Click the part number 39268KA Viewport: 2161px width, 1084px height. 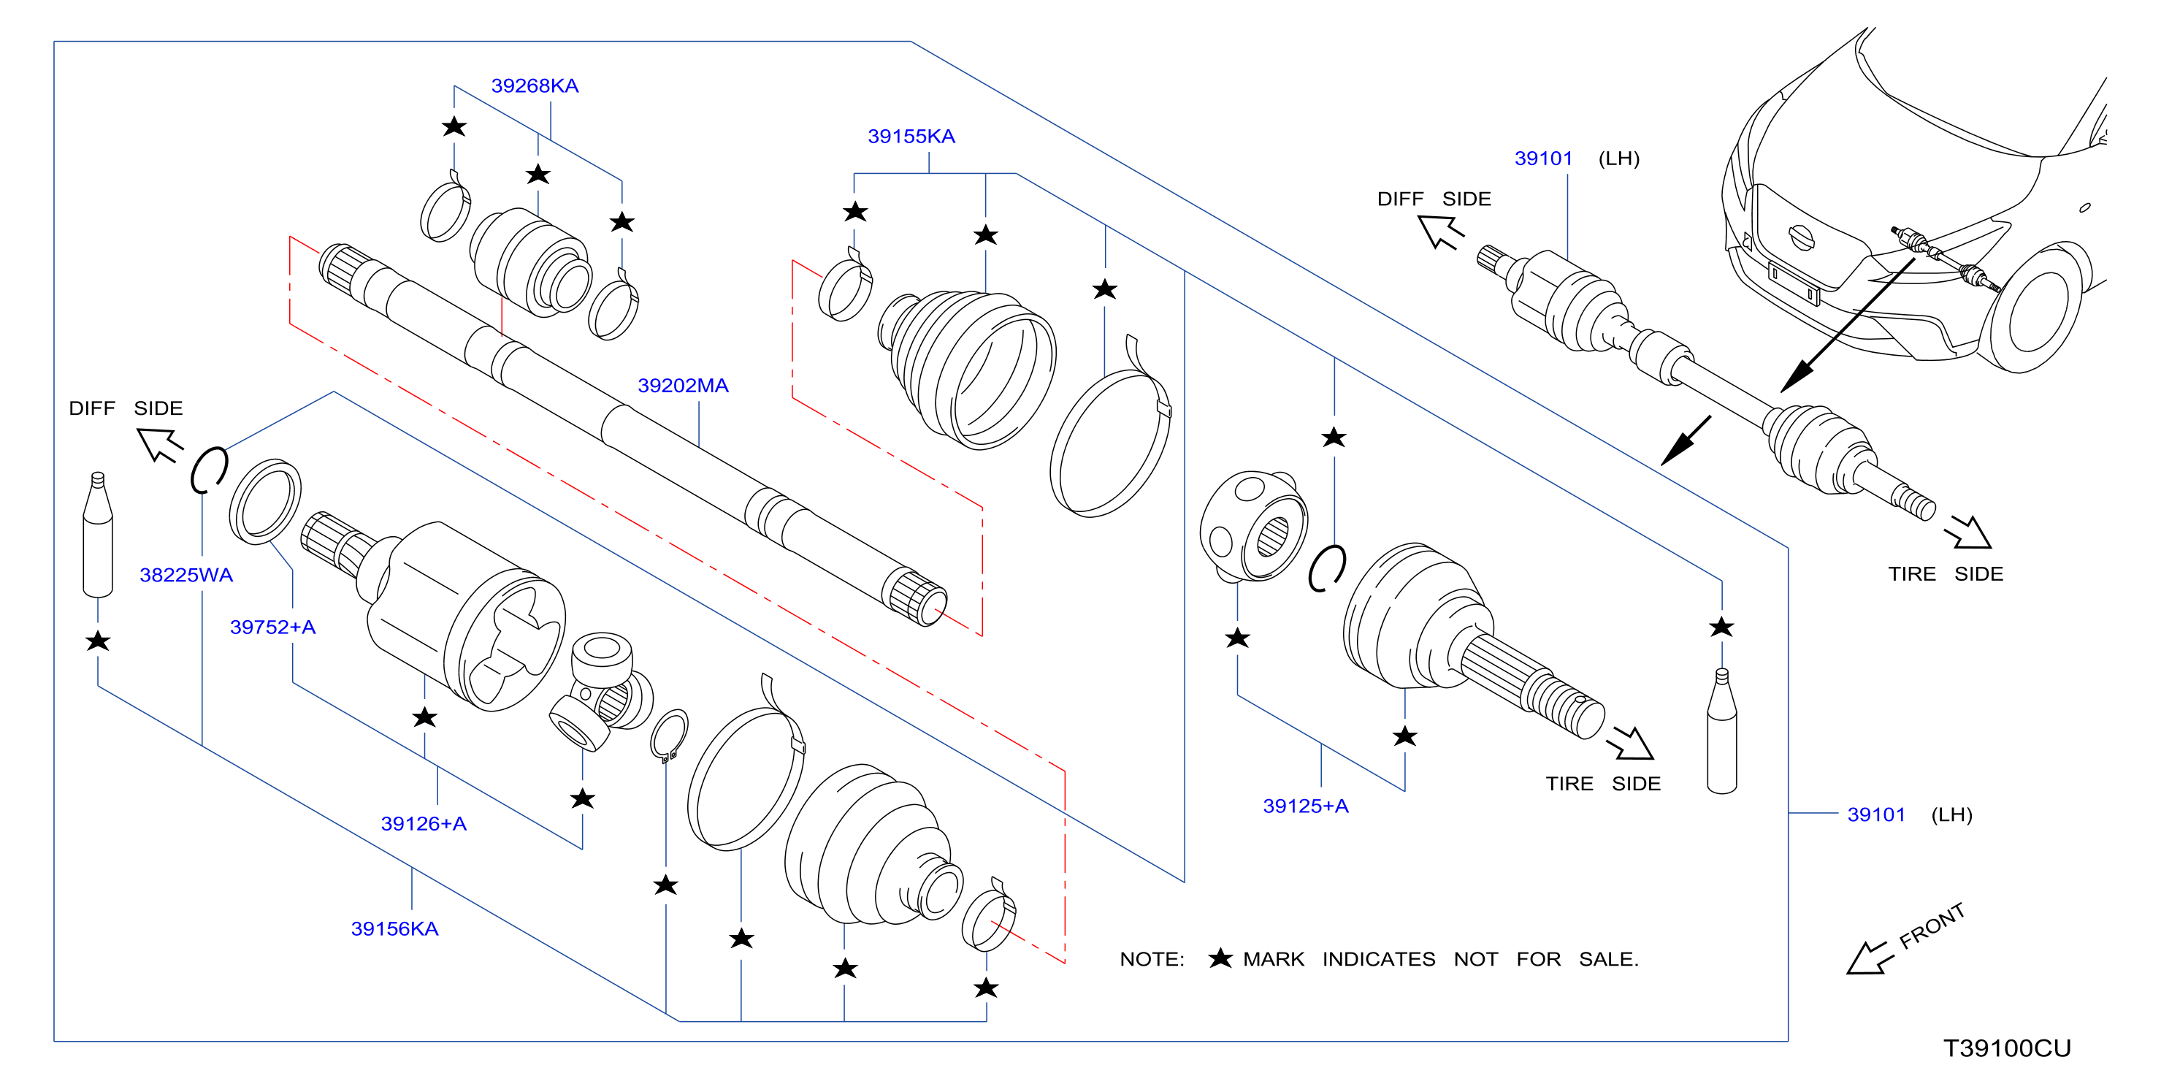pyautogui.click(x=535, y=85)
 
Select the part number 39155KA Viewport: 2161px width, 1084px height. pyautogui.click(x=911, y=136)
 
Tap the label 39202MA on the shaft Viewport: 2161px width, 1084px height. pyautogui.click(x=683, y=385)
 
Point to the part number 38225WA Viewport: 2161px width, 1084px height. pyautogui.click(x=186, y=575)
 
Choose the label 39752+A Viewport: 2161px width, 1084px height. pyautogui.click(x=272, y=627)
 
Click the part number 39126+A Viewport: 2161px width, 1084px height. pyautogui.click(x=424, y=823)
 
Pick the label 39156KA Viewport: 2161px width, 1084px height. pyautogui.click(x=394, y=929)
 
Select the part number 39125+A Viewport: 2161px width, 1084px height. pyautogui.click(x=1305, y=806)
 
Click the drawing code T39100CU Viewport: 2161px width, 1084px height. pyautogui.click(x=2007, y=1048)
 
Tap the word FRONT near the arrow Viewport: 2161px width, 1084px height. pyautogui.click(x=1932, y=925)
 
